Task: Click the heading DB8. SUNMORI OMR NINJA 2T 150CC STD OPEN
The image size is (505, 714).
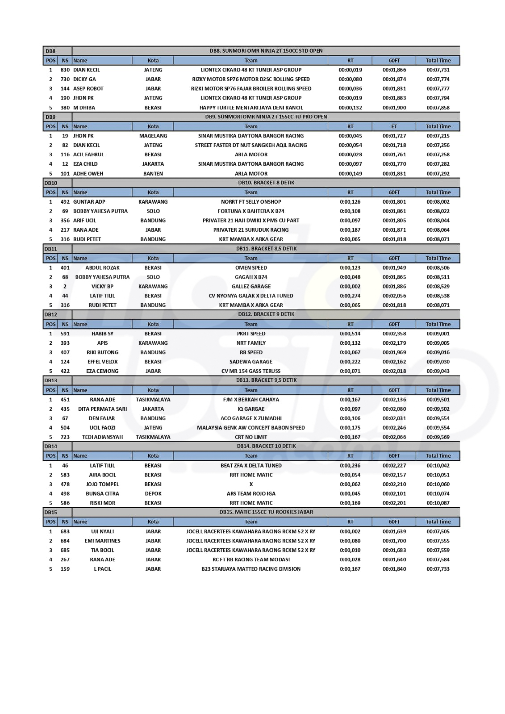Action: [266, 51]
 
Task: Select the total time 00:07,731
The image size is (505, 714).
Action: [438, 70]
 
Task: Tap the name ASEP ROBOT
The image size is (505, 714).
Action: [88, 89]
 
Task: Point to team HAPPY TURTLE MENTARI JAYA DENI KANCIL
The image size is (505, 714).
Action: [251, 108]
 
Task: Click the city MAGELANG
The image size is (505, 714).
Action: [153, 136]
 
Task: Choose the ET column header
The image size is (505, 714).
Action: [394, 126]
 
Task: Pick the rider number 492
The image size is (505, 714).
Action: [65, 202]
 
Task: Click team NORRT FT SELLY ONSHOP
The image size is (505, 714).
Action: [251, 202]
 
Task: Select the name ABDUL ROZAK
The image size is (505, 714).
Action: [102, 268]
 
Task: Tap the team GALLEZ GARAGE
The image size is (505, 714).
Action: [251, 287]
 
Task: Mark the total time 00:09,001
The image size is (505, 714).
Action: [438, 334]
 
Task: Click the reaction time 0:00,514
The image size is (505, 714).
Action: [350, 334]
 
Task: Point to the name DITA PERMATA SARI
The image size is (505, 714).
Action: [102, 409]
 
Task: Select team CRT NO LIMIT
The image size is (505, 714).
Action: [251, 437]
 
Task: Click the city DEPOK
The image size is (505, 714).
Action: [153, 493]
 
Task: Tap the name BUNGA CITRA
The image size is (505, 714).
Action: [102, 493]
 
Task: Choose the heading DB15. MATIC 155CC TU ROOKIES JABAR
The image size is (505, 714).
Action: [266, 512]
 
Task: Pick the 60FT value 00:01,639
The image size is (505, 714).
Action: [394, 531]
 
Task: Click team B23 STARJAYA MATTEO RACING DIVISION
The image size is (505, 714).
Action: [251, 569]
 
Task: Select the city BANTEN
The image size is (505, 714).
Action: [153, 174]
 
